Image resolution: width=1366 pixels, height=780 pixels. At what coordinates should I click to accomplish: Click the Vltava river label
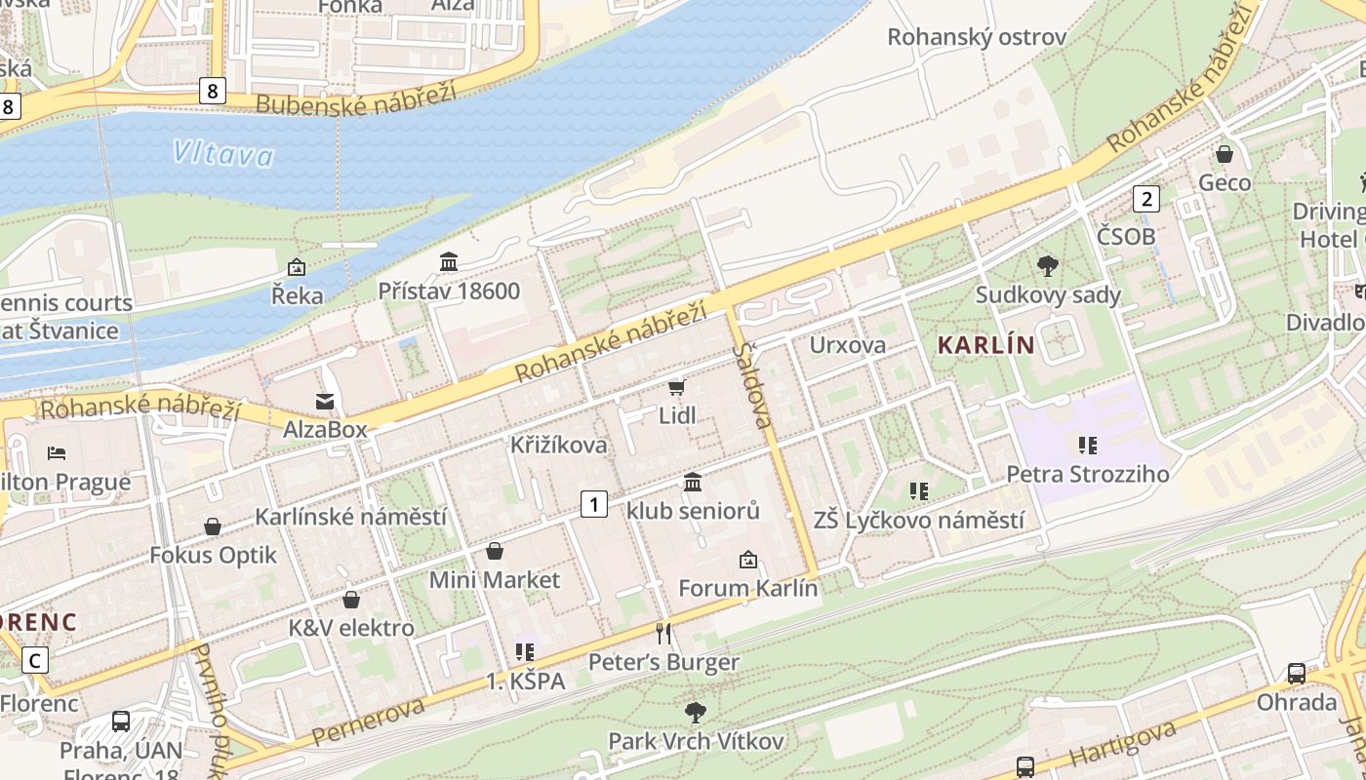pos(223,153)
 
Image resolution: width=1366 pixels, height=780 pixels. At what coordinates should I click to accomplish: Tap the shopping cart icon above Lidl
pos(676,387)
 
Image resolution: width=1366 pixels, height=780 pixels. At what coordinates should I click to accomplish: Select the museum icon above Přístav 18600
pos(449,261)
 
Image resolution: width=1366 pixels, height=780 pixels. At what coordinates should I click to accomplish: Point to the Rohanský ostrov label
pos(976,37)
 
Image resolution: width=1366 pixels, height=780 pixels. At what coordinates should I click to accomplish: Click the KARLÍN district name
pos(984,344)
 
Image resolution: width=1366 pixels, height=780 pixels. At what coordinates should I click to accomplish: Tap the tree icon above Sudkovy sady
pos(1048,265)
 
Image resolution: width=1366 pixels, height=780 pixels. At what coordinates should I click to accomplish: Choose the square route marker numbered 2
pos(1145,199)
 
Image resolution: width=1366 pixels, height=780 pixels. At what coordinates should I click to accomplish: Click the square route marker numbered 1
pos(593,504)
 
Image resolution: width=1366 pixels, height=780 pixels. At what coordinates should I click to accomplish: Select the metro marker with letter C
pos(35,660)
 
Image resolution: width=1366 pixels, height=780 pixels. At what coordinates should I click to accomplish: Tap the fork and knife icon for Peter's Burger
pos(663,634)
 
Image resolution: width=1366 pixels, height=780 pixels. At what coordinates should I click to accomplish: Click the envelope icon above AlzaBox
pos(324,401)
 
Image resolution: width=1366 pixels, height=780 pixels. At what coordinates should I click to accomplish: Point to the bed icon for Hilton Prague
pos(57,453)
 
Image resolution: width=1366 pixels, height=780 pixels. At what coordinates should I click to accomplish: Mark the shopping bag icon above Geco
pos(1224,154)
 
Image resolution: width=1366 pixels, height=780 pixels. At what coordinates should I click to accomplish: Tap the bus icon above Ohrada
pos(1296,673)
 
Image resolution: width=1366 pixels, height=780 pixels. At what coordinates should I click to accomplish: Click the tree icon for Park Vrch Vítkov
pos(695,713)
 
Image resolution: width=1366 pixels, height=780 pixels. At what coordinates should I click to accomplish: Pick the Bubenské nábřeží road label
pos(355,100)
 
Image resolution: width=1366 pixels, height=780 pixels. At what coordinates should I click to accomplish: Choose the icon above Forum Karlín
pos(747,560)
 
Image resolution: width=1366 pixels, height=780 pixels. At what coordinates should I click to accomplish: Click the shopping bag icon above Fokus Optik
pos(213,526)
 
